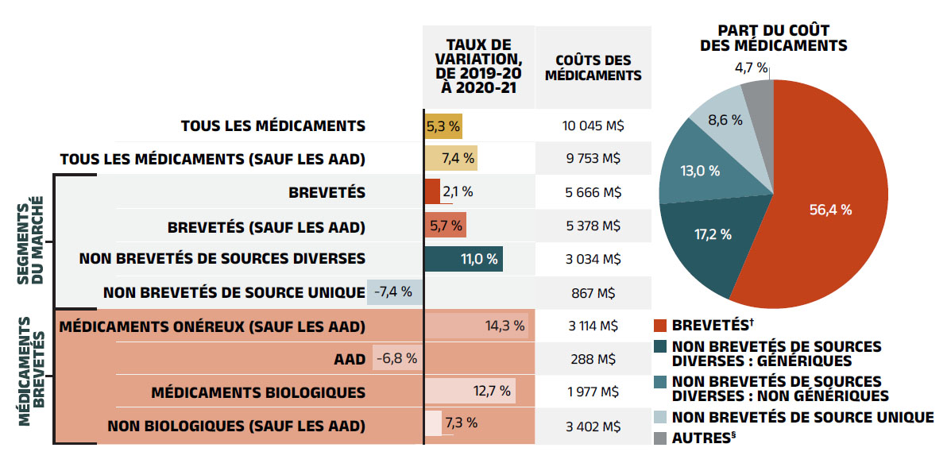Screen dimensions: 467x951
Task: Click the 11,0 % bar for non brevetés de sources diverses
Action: click(463, 258)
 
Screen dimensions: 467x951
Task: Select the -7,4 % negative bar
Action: click(395, 291)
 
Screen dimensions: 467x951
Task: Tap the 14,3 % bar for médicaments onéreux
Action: click(477, 325)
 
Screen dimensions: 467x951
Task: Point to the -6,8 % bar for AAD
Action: click(397, 358)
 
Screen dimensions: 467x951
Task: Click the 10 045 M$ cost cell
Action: click(593, 125)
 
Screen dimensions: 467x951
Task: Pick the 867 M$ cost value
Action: click(593, 291)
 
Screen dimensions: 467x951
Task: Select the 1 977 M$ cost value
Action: click(593, 392)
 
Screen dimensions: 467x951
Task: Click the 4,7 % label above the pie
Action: click(751, 68)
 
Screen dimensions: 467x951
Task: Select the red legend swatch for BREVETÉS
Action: click(660, 325)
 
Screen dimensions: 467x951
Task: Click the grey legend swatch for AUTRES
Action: click(660, 438)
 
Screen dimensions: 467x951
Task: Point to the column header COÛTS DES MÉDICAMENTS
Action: click(593, 68)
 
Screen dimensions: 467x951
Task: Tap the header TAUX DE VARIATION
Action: click(478, 67)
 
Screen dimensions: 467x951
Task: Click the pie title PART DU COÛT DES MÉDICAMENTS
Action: click(773, 38)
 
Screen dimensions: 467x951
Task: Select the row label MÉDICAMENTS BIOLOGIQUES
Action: click(258, 392)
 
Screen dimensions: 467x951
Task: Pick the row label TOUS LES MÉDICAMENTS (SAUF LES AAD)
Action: click(213, 159)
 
